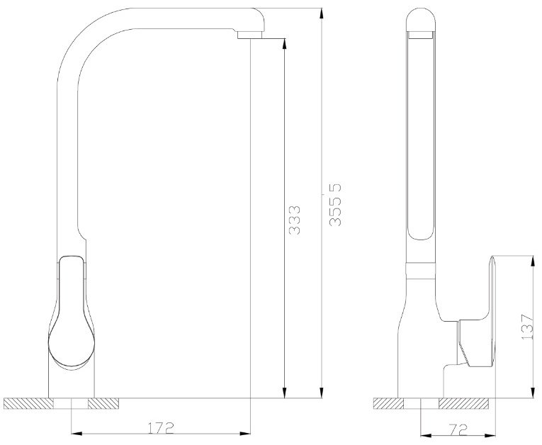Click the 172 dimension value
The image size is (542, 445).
pos(161,428)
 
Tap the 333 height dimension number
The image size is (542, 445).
pos(295,220)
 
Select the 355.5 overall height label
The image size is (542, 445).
pos(335,205)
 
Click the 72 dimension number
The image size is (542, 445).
pos(459,429)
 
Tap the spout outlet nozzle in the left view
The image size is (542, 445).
pos(249,35)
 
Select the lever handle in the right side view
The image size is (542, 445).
pos(475,311)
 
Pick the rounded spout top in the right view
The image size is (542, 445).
pos(421,20)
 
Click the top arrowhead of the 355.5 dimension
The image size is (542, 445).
pos(322,14)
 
